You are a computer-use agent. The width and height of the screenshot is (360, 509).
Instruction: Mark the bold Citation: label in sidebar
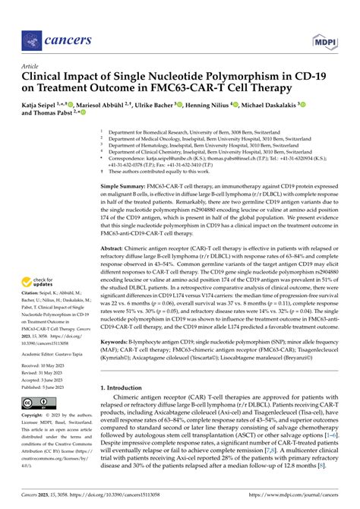[34, 292]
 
